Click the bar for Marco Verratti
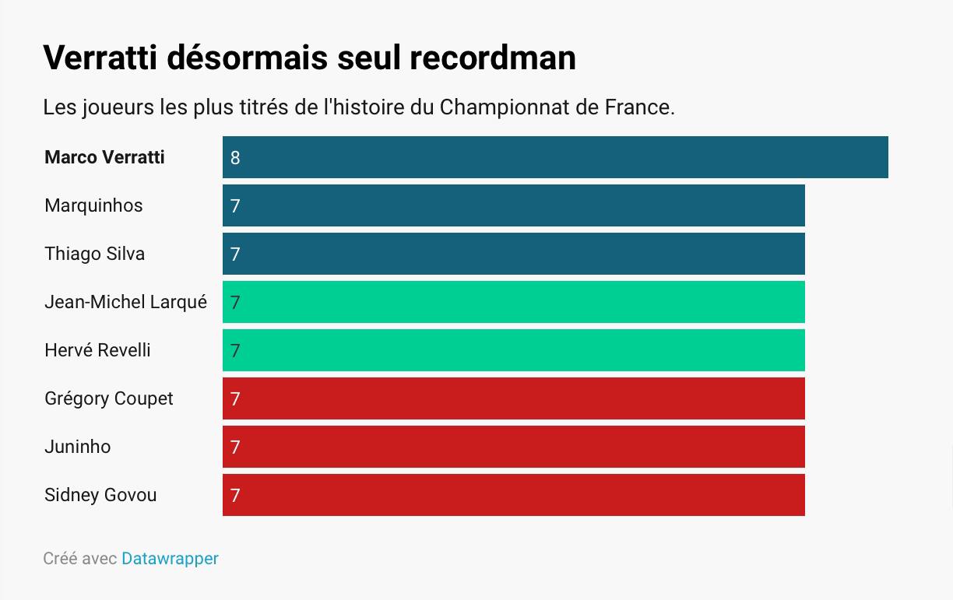(x=555, y=157)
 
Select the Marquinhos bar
(x=514, y=205)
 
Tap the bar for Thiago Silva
(x=514, y=254)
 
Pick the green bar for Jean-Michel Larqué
(x=514, y=302)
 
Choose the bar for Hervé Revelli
(x=514, y=350)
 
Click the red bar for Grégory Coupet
(x=514, y=398)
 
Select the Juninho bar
(x=514, y=447)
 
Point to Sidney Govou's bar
(x=514, y=495)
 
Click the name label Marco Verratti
(x=104, y=157)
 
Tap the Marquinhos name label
(x=93, y=205)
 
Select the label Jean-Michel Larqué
(x=125, y=302)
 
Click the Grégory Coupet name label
(x=109, y=398)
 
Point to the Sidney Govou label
(x=100, y=495)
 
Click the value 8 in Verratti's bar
(x=235, y=158)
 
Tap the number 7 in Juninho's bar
(x=235, y=447)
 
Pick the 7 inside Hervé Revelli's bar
(x=235, y=351)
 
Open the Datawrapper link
(x=170, y=559)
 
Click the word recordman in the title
(x=493, y=58)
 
